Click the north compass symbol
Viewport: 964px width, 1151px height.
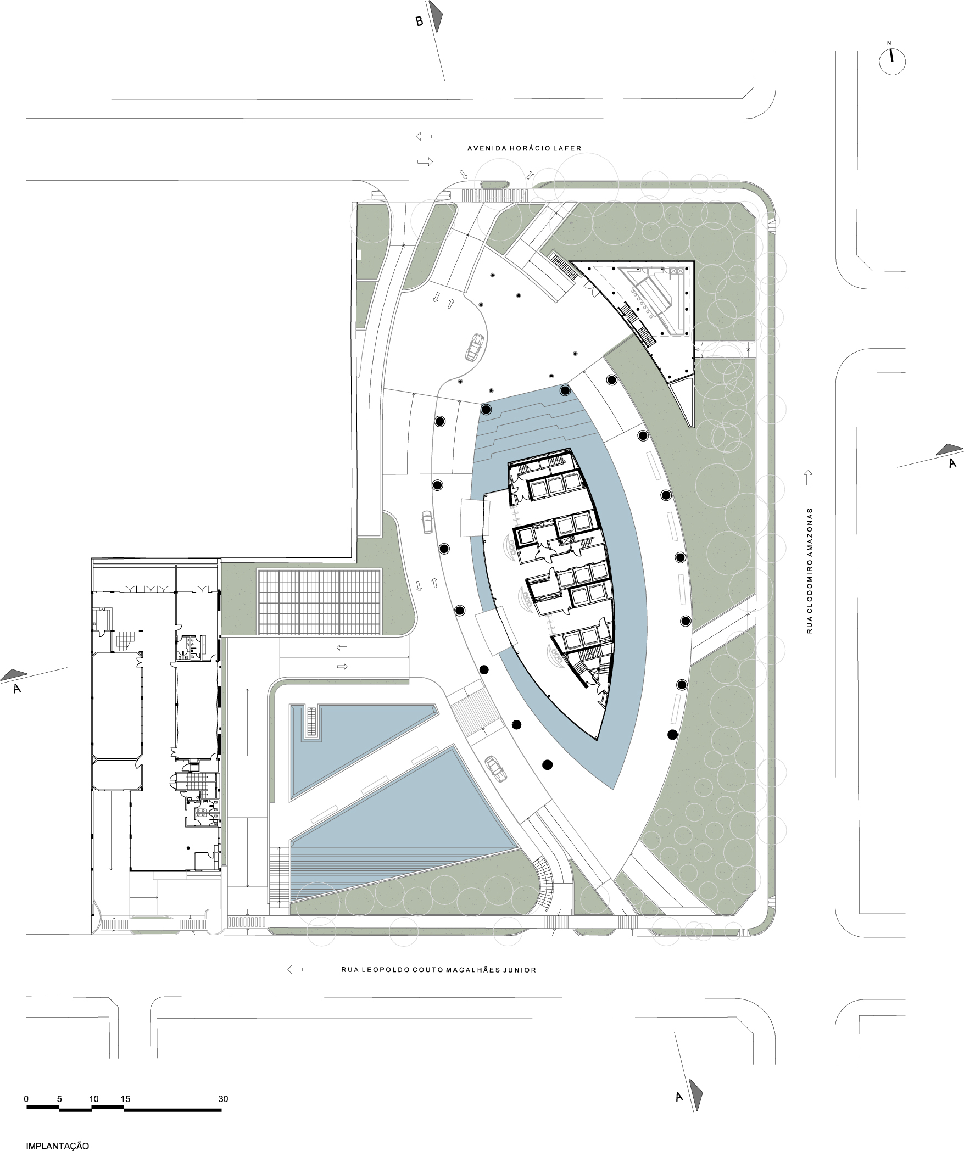(x=892, y=60)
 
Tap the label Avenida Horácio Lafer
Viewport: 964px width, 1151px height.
(x=524, y=148)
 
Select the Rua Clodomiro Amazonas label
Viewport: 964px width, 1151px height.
(x=809, y=571)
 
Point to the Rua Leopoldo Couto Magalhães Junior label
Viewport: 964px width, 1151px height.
(x=438, y=970)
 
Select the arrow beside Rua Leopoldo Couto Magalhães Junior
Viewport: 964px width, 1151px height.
(x=295, y=970)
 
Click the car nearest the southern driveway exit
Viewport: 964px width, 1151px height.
(x=497, y=768)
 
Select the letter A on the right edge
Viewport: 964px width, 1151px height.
(x=953, y=463)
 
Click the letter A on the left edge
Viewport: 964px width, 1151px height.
(x=16, y=688)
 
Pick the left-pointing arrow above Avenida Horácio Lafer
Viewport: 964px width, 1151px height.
(x=424, y=136)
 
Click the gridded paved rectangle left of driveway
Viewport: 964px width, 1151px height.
(x=320, y=602)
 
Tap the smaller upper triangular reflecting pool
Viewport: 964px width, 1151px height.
(x=352, y=741)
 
